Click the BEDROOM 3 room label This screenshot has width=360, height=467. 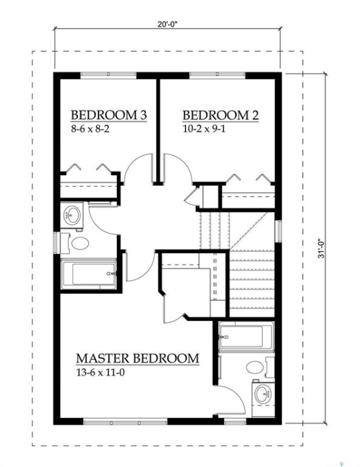tap(109, 115)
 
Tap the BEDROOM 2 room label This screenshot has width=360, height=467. tap(221, 115)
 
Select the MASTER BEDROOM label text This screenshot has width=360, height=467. tap(138, 358)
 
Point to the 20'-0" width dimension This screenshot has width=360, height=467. tap(167, 25)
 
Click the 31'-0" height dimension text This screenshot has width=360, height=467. tap(321, 248)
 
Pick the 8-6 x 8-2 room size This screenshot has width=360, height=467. tap(90, 128)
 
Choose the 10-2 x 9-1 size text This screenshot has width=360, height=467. tap(204, 128)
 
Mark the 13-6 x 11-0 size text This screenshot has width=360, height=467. tap(101, 372)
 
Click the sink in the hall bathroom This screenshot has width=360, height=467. tap(72, 215)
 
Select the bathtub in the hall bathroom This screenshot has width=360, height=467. tap(88, 274)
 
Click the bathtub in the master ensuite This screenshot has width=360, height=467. tap(246, 336)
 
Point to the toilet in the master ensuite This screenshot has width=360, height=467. tap(260, 367)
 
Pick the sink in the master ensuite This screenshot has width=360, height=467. tap(263, 394)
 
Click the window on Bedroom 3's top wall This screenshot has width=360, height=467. tap(109, 74)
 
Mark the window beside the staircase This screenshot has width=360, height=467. tap(279, 232)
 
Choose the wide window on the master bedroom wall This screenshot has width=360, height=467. tap(125, 422)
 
